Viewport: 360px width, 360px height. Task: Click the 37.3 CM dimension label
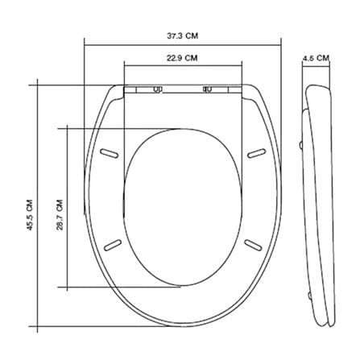(183, 35)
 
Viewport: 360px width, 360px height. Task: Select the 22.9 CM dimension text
(182, 58)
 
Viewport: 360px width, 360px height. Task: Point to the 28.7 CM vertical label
(60, 215)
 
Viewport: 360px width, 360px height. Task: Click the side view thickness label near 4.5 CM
(316, 58)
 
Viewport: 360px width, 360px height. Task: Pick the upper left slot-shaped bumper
(109, 153)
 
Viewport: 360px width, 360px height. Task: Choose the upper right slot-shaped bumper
(257, 153)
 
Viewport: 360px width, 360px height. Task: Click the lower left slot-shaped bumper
(113, 245)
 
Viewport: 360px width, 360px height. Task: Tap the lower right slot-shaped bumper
(253, 244)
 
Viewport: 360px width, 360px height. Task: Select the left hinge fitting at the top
(158, 89)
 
